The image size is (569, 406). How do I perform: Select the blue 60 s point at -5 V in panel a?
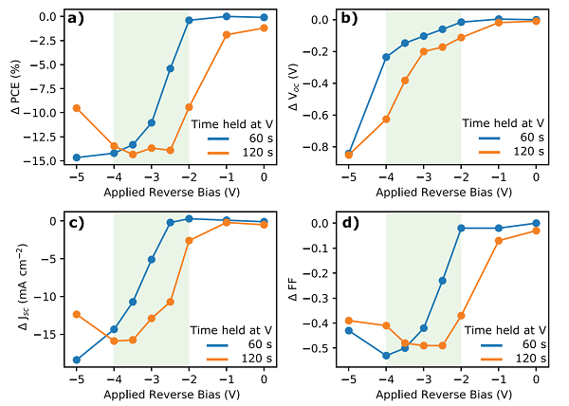[77, 157]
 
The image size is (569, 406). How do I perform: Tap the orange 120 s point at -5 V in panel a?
[77, 108]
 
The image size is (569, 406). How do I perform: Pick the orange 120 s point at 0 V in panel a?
[264, 28]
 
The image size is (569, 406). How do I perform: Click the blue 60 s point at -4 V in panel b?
[386, 57]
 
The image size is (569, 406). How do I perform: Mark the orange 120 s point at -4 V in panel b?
[386, 120]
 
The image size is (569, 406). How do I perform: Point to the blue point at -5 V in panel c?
[77, 360]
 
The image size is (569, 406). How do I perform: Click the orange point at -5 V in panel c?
[77, 314]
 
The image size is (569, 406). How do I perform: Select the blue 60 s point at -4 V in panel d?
[386, 356]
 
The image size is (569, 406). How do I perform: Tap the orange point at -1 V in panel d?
[499, 240]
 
